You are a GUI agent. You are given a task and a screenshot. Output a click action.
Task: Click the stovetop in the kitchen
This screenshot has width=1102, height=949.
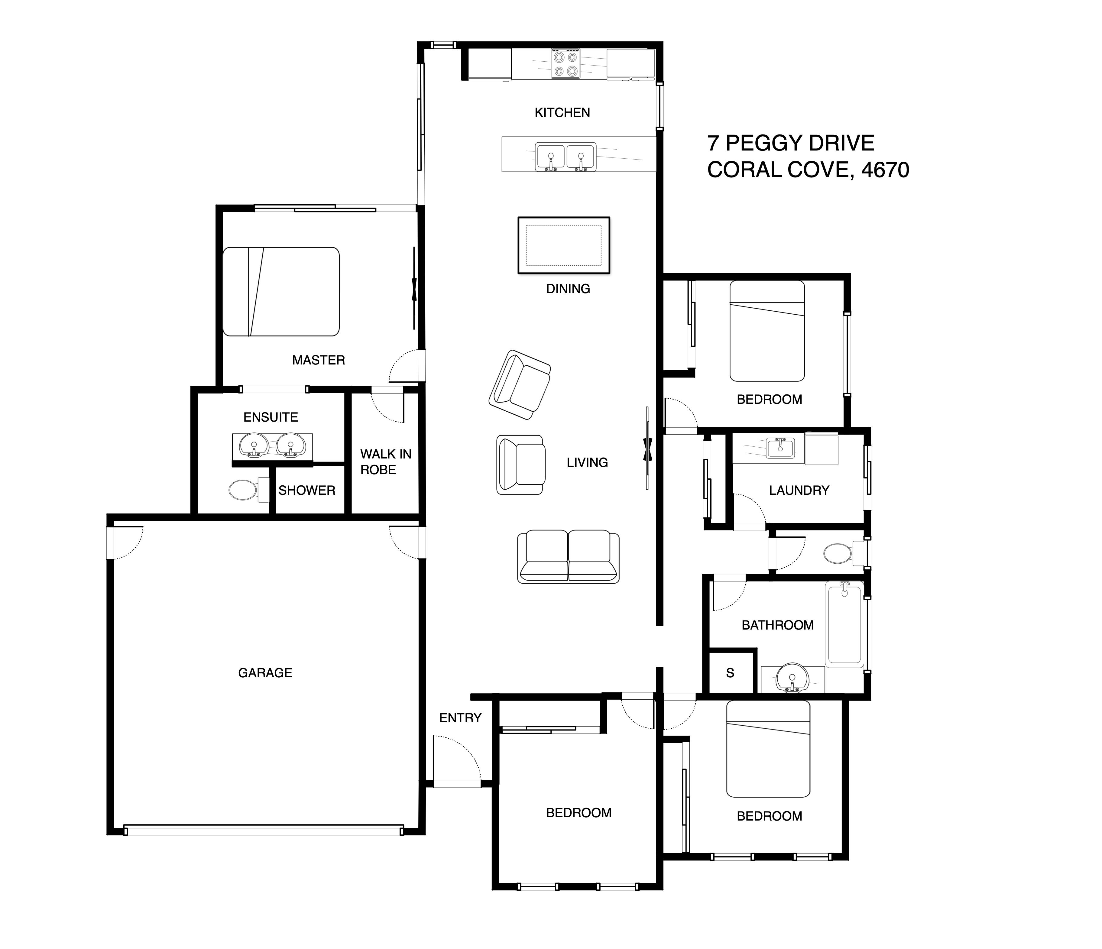pyautogui.click(x=566, y=64)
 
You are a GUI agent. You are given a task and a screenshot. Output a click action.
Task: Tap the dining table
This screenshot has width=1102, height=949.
pyautogui.click(x=564, y=245)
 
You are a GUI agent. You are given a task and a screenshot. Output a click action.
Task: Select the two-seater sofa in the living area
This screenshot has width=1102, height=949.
pyautogui.click(x=568, y=556)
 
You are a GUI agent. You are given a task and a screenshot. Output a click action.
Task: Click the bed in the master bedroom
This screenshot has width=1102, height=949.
pyautogui.click(x=281, y=292)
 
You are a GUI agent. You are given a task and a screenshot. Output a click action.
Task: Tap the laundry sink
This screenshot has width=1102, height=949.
pyautogui.click(x=780, y=448)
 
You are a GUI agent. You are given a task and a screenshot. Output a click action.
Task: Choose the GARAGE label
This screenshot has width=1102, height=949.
pyautogui.click(x=265, y=673)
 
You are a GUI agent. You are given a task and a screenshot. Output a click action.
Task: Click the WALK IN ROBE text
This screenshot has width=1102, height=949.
pyautogui.click(x=386, y=462)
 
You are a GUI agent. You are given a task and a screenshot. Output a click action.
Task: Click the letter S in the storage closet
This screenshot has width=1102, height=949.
pyautogui.click(x=730, y=673)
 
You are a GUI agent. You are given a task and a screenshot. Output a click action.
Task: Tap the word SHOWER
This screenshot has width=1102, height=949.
pyautogui.click(x=307, y=491)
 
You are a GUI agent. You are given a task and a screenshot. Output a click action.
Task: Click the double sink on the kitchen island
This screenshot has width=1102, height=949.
pyautogui.click(x=566, y=157)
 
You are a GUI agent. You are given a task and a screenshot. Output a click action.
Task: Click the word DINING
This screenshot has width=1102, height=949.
pyautogui.click(x=568, y=289)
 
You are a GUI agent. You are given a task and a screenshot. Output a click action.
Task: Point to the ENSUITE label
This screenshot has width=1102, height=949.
pyautogui.click(x=271, y=417)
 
